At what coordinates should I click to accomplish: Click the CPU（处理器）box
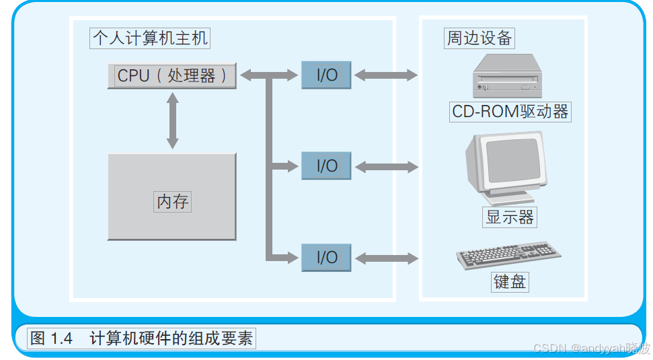pos(172,75)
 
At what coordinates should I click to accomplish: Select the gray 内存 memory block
pos(172,196)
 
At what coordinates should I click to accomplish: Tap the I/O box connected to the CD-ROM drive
pos(326,75)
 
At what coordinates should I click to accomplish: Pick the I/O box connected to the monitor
pos(326,166)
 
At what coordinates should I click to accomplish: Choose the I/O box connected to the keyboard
pos(326,257)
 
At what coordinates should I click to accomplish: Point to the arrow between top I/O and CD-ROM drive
pos(385,75)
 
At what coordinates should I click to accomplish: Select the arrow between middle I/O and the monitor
pos(385,166)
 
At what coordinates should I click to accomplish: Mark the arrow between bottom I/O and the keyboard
pos(385,257)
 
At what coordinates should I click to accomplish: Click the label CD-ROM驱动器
pos(510,112)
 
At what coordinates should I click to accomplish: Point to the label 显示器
pos(510,217)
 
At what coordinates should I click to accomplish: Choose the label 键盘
pos(510,281)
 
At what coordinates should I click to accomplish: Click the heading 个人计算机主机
pos(149,38)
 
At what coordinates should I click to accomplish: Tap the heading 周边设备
pos(479,38)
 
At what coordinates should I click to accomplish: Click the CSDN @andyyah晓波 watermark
pos(591,348)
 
